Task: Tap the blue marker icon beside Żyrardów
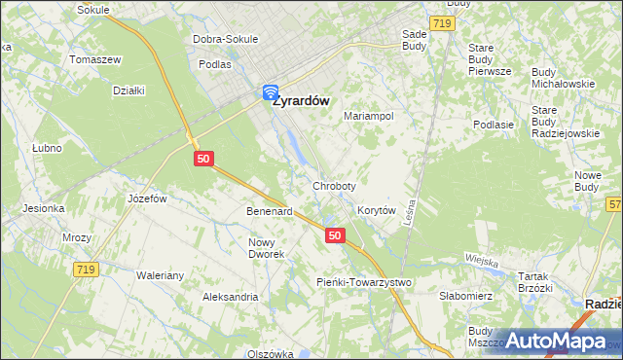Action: tap(270, 93)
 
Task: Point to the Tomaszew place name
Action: tap(94, 59)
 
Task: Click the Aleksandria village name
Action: tap(230, 297)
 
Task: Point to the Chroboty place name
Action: tap(334, 185)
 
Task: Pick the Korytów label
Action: tap(377, 210)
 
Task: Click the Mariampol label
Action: tap(369, 116)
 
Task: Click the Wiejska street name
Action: tap(481, 261)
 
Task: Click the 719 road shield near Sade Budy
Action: tap(441, 23)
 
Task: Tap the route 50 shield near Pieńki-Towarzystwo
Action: tap(335, 235)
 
